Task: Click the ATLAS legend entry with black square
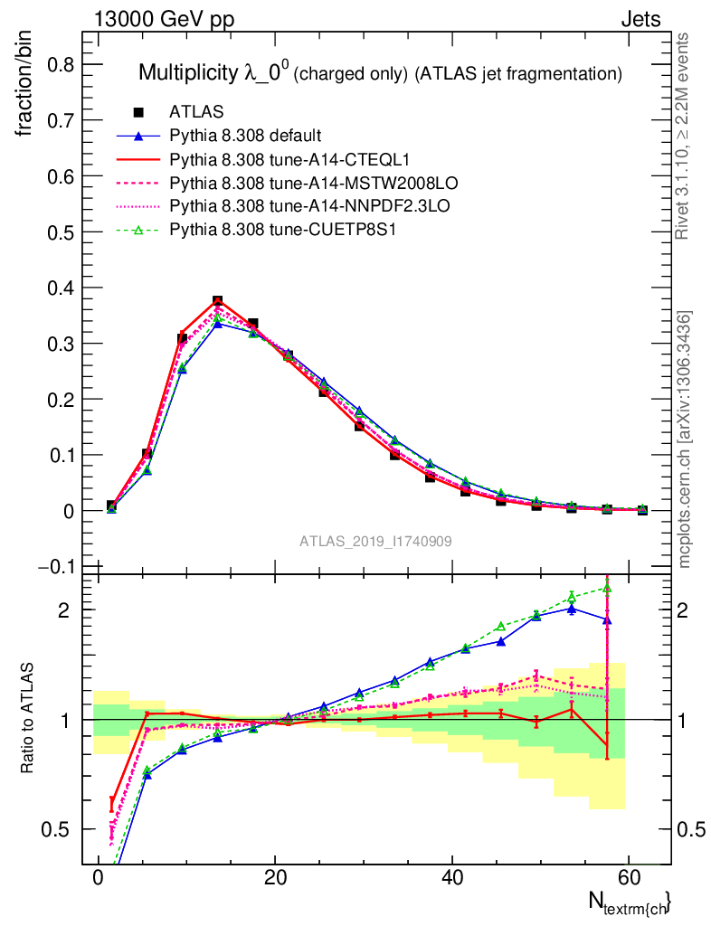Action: tap(196, 112)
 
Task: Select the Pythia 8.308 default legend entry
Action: tap(245, 137)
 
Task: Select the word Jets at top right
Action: tap(640, 19)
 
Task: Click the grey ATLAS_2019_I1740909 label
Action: tap(376, 541)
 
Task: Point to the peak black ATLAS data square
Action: tap(217, 300)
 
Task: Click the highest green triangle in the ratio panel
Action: tap(607, 588)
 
